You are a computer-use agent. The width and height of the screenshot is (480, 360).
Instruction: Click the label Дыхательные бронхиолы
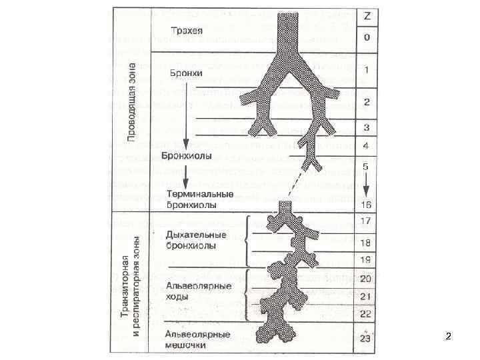coord(195,240)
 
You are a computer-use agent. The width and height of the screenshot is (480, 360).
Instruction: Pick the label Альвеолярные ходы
coord(198,291)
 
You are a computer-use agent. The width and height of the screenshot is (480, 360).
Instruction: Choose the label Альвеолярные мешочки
coord(198,339)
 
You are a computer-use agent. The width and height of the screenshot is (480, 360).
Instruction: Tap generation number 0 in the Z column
coord(367,37)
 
